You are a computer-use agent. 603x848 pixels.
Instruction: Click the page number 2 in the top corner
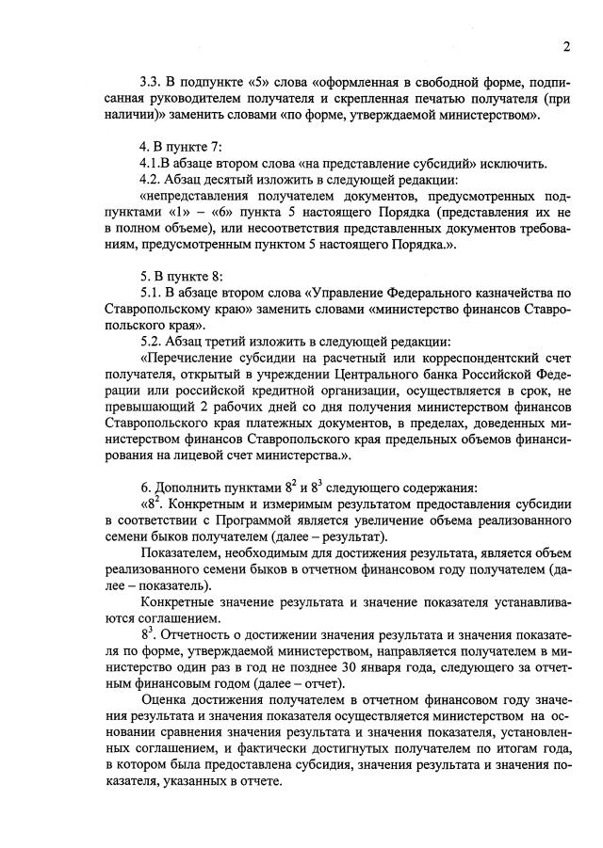[x=566, y=48]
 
